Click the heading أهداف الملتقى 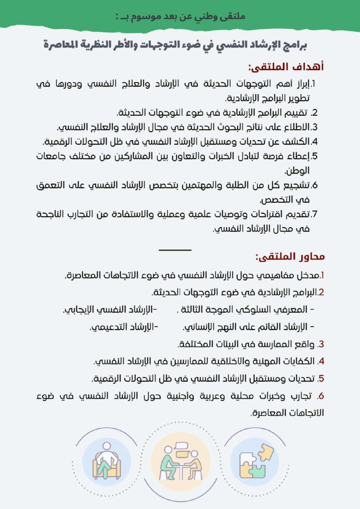tap(286, 67)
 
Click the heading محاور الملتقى tap(289, 257)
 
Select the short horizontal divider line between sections tap(175, 250)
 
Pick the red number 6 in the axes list tap(320, 396)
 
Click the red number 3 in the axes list tap(321, 344)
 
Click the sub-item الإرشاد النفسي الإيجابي tap(110, 310)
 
